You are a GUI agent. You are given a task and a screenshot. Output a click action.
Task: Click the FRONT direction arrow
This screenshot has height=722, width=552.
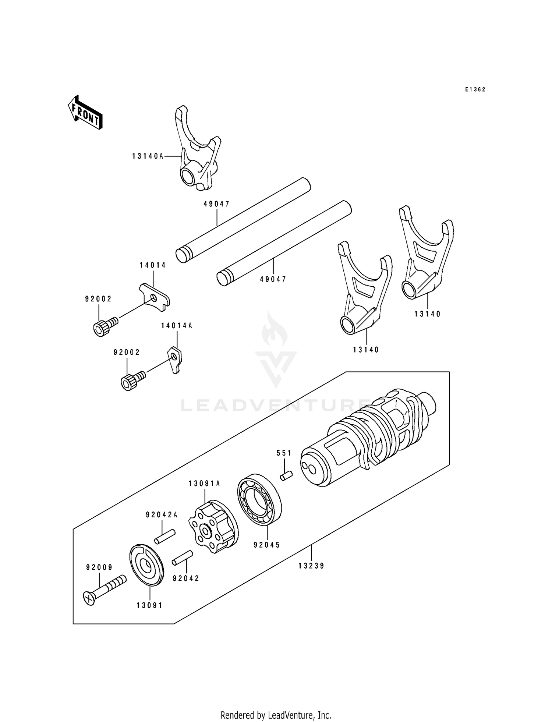click(x=85, y=112)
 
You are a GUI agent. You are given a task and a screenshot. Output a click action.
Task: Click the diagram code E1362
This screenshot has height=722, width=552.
click(x=475, y=89)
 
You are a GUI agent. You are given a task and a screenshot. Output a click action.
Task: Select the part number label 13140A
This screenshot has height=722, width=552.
click(x=148, y=156)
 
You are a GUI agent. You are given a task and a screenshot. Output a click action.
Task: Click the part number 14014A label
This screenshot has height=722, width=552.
click(x=177, y=326)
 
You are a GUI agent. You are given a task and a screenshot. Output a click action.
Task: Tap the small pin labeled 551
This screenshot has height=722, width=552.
click(x=286, y=476)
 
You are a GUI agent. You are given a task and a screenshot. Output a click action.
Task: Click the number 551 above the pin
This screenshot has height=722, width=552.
click(x=284, y=453)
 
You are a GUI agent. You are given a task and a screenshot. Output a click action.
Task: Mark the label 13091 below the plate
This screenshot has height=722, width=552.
click(x=149, y=605)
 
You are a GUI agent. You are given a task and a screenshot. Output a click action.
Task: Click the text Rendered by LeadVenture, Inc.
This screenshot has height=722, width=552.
click(x=276, y=705)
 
